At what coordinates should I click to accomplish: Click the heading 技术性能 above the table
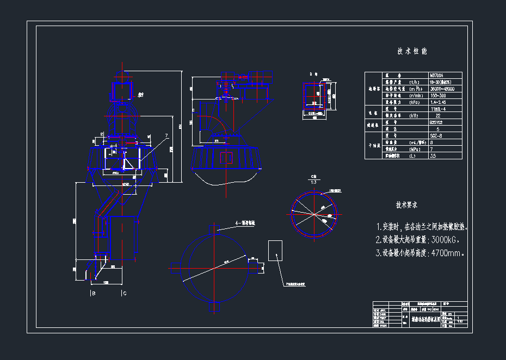coord(412,52)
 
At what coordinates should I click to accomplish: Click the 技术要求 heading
coord(407,205)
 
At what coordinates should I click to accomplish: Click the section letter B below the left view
coord(93,294)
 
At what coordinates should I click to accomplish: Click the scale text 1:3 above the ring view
coord(313,182)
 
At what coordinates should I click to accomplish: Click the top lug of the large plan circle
coord(215,229)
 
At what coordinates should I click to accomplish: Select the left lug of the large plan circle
coord(175,268)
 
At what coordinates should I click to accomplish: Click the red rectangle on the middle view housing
coord(226,158)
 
